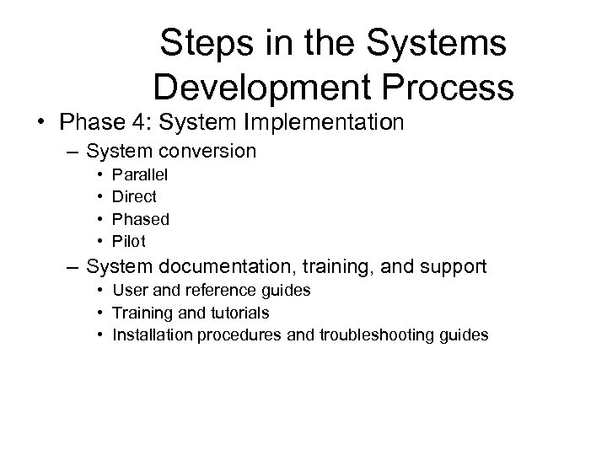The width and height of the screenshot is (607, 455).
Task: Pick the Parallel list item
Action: (140, 175)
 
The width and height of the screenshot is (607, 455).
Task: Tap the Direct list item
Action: (134, 197)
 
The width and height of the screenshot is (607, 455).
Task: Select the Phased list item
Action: (141, 219)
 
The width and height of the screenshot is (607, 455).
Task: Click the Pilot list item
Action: (129, 241)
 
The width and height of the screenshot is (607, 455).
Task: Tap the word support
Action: (454, 268)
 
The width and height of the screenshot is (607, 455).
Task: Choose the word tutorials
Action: (239, 313)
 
